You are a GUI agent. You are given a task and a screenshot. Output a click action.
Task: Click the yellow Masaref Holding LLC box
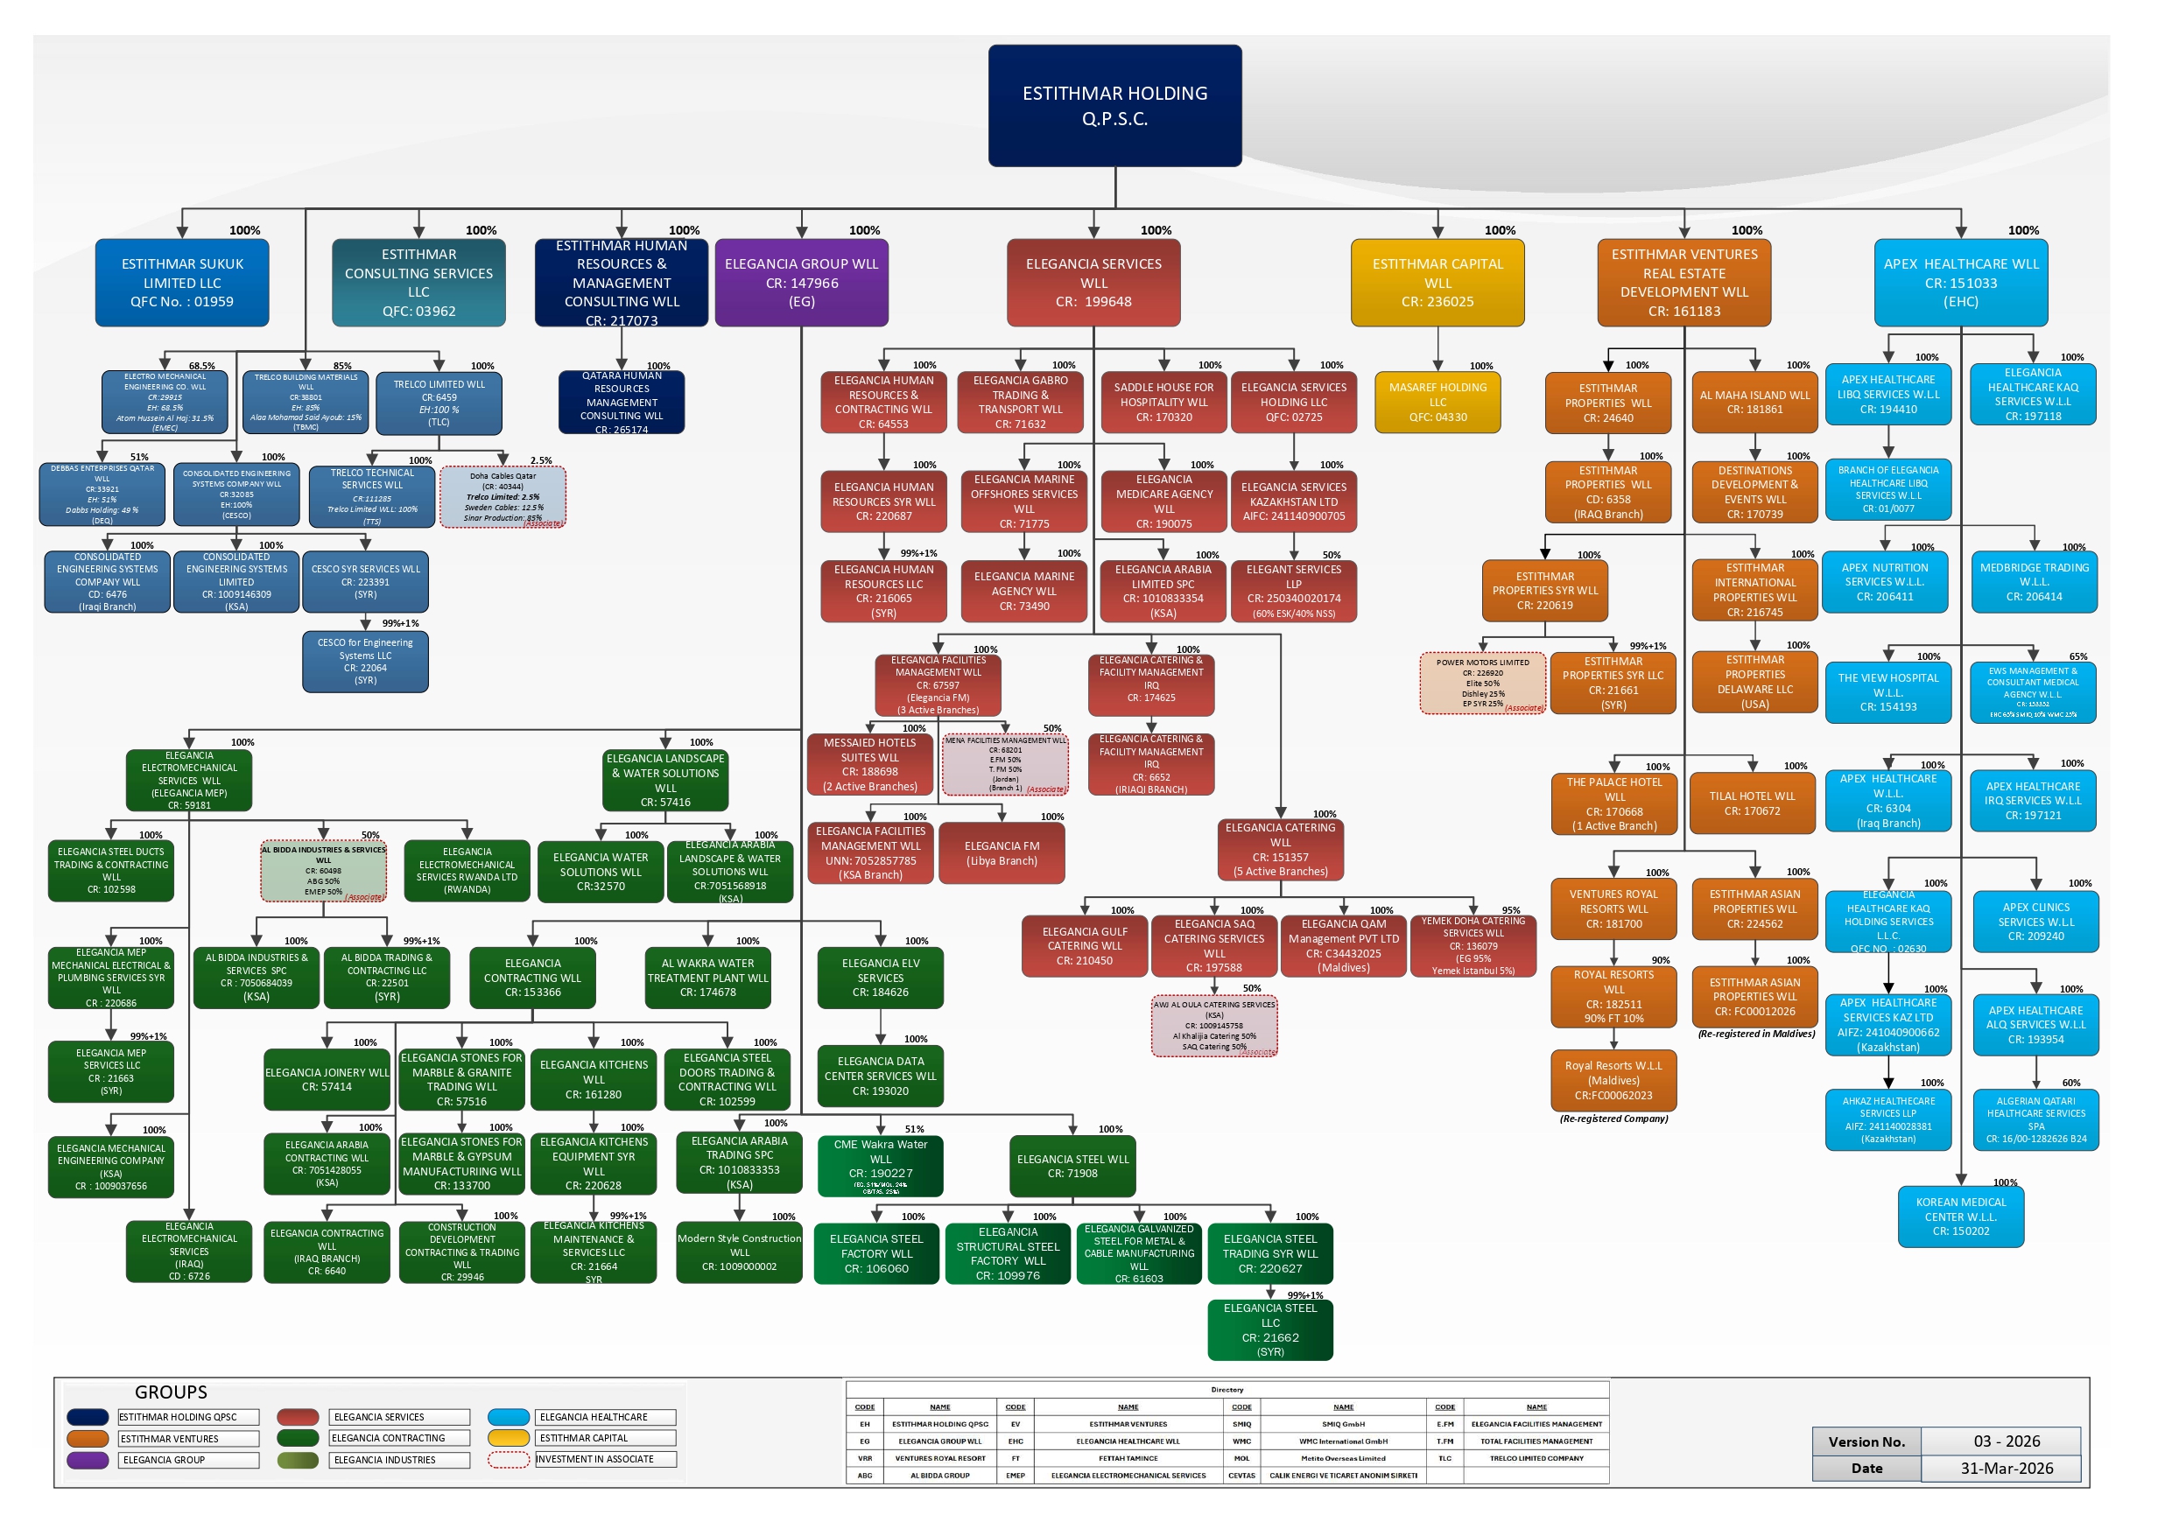click(1437, 402)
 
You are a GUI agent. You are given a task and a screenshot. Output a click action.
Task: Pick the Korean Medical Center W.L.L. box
click(1960, 1217)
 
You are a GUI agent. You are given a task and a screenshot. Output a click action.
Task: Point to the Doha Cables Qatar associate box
click(503, 496)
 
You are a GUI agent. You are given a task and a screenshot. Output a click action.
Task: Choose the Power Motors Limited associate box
click(1481, 683)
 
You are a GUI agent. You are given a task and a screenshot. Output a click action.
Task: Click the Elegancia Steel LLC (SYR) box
click(1269, 1329)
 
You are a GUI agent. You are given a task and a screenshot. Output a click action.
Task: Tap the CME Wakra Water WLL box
click(880, 1165)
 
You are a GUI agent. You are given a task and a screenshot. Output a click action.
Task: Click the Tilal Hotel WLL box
click(1752, 803)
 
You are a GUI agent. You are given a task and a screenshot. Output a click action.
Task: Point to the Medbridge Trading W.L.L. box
click(2034, 582)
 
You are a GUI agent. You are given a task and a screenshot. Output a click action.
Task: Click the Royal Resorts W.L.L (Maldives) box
click(1613, 1080)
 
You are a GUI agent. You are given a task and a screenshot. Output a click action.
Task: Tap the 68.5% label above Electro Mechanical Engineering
click(201, 366)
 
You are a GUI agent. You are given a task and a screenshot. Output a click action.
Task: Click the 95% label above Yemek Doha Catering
click(1511, 911)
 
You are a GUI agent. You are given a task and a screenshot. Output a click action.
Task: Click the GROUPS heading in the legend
click(171, 1392)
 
